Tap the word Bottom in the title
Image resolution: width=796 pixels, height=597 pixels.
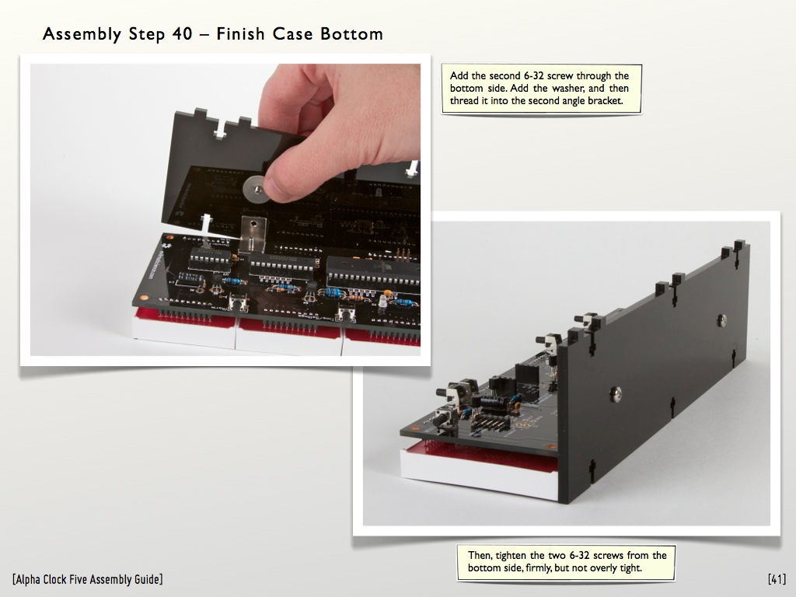351,34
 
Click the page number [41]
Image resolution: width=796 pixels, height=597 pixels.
777,578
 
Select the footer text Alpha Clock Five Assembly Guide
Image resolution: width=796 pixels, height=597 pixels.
87,579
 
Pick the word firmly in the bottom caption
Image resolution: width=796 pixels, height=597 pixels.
536,568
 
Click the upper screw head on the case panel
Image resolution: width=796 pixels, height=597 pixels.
721,319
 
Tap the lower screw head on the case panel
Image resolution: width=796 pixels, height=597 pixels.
616,392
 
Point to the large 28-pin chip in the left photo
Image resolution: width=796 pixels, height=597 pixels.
373,271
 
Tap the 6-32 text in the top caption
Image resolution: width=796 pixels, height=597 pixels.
533,75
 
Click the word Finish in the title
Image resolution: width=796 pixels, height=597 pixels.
241,34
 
